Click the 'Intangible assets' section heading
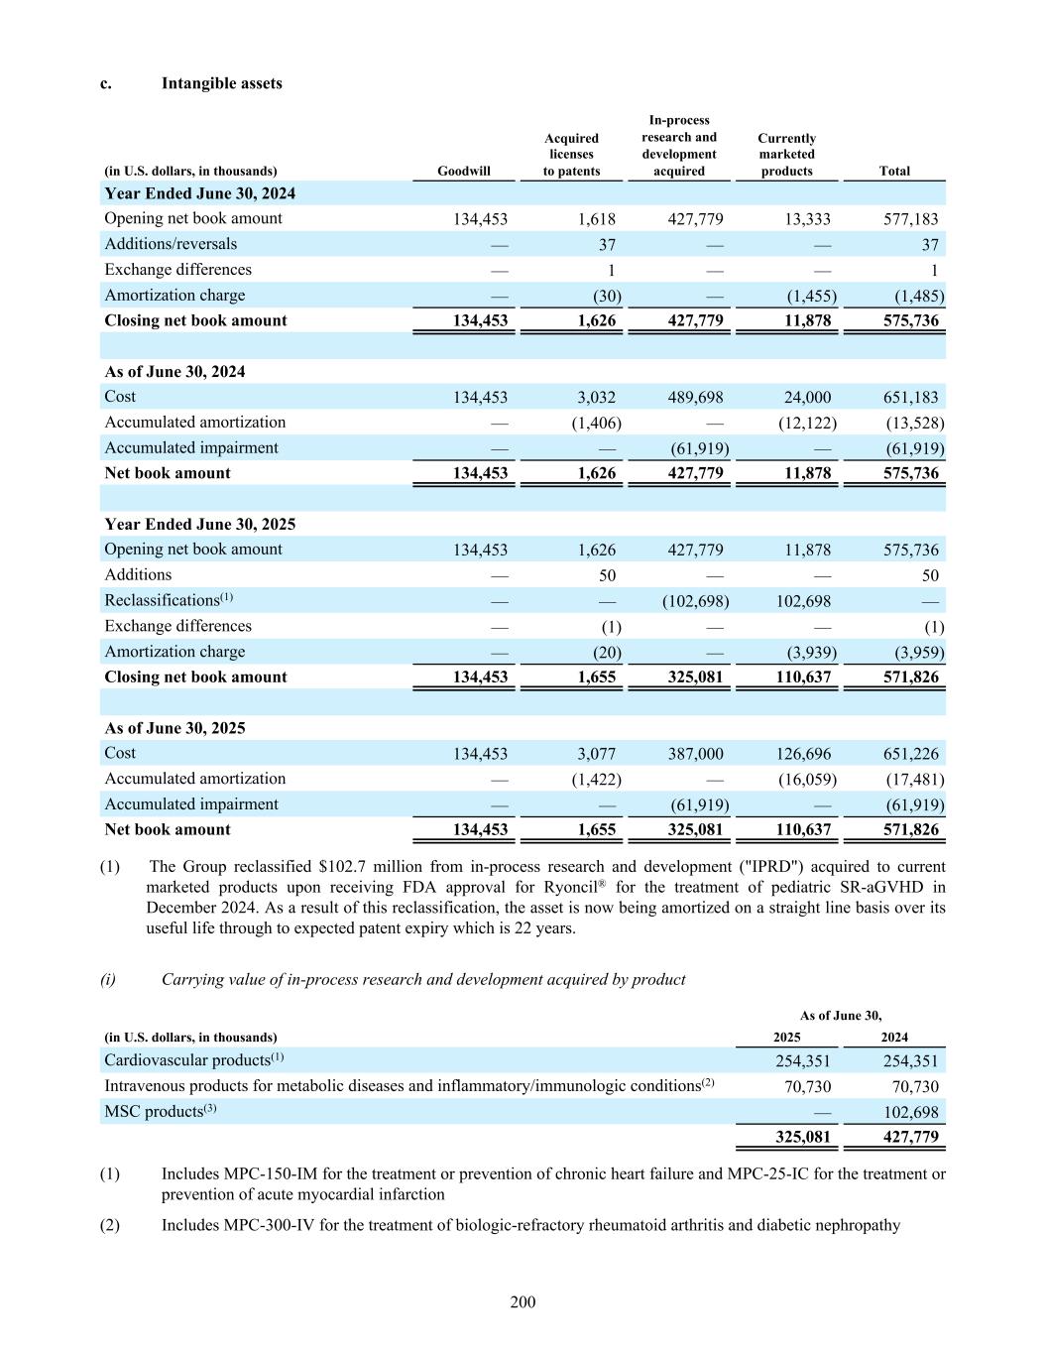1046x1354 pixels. point(221,83)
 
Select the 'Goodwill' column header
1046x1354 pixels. point(463,171)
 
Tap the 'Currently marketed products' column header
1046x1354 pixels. point(786,155)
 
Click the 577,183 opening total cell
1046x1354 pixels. point(910,219)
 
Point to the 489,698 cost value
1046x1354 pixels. point(695,398)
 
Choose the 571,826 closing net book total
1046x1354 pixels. point(910,677)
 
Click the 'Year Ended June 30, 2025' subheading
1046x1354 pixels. point(199,525)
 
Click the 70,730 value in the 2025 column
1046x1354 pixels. point(807,1087)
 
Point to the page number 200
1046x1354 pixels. point(523,1302)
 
